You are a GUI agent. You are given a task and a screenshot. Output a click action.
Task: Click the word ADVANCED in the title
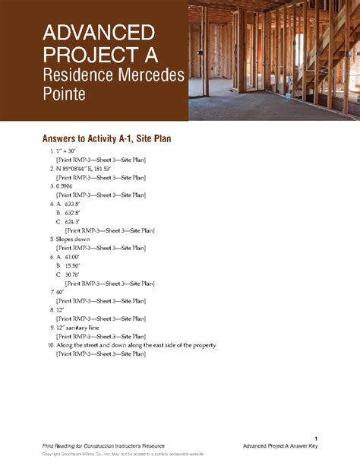coord(99,33)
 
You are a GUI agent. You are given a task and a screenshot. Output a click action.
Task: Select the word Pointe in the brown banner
coord(64,95)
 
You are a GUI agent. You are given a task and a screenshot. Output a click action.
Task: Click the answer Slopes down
coord(72,239)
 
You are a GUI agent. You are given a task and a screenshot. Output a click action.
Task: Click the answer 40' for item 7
coord(60,292)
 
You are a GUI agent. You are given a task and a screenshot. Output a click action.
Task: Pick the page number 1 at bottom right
coord(314,436)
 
